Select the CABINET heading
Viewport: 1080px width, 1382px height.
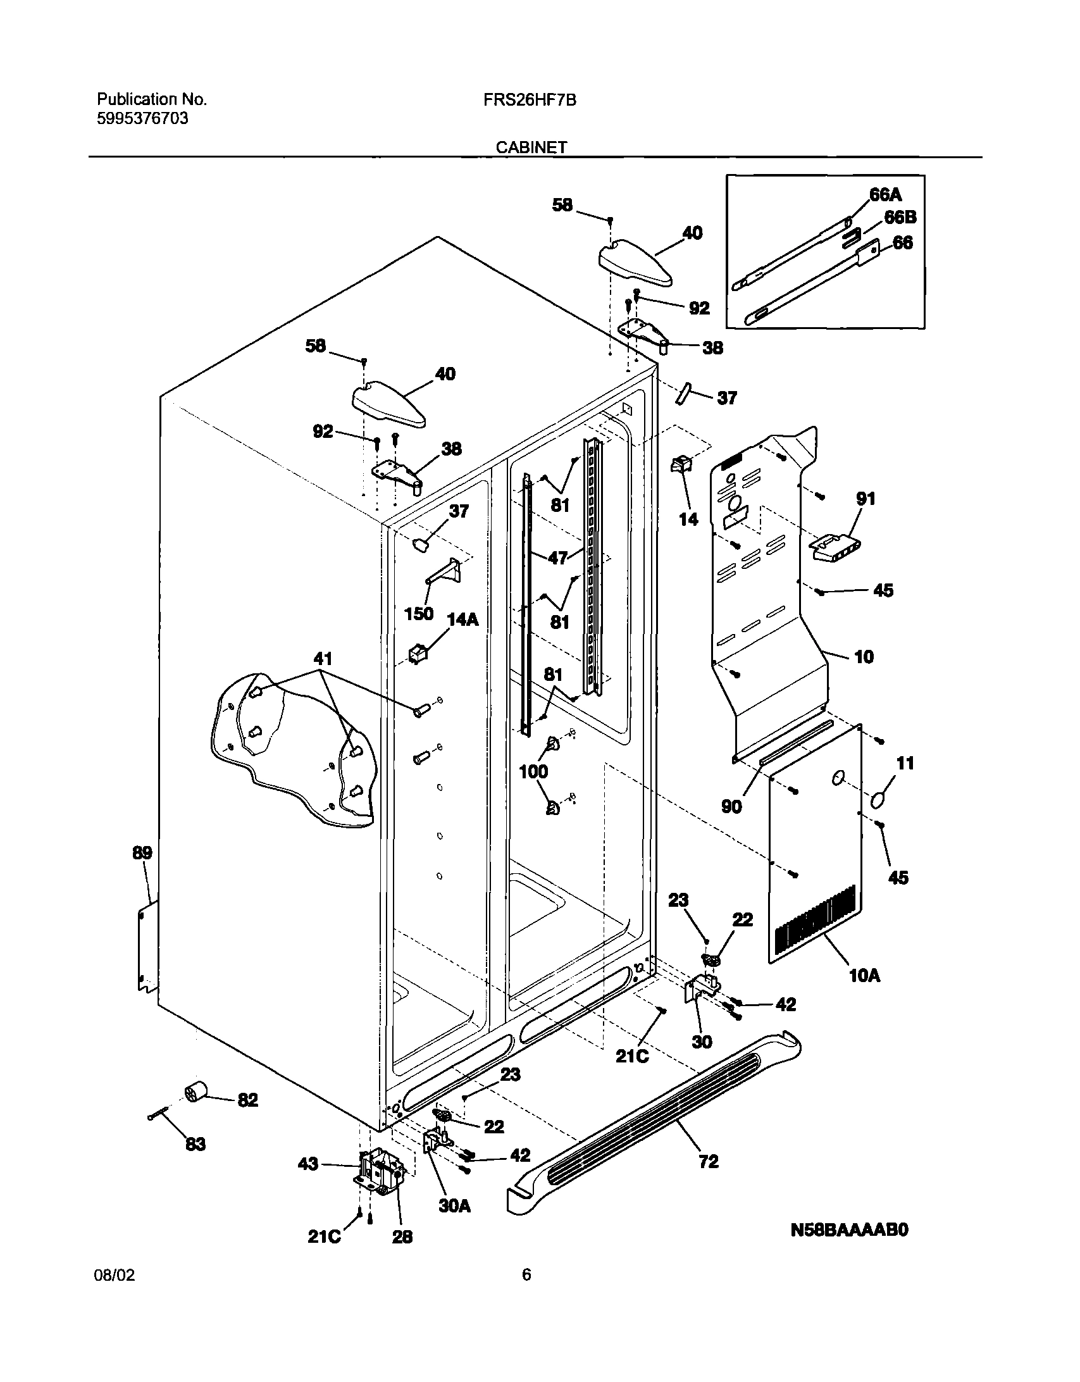pyautogui.click(x=531, y=147)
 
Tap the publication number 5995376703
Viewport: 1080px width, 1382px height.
pyautogui.click(x=142, y=118)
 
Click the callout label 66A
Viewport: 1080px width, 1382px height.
pyautogui.click(x=884, y=195)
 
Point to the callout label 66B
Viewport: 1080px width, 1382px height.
pyautogui.click(x=900, y=218)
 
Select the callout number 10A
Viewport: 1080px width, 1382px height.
pyautogui.click(x=864, y=975)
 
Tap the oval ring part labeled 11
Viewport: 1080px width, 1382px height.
pyautogui.click(x=878, y=800)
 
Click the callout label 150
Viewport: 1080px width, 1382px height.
pyautogui.click(x=418, y=613)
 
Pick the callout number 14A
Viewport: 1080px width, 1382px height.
pyautogui.click(x=462, y=619)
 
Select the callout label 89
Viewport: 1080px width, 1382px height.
pyautogui.click(x=142, y=852)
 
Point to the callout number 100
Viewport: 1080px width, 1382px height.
pyautogui.click(x=533, y=771)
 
